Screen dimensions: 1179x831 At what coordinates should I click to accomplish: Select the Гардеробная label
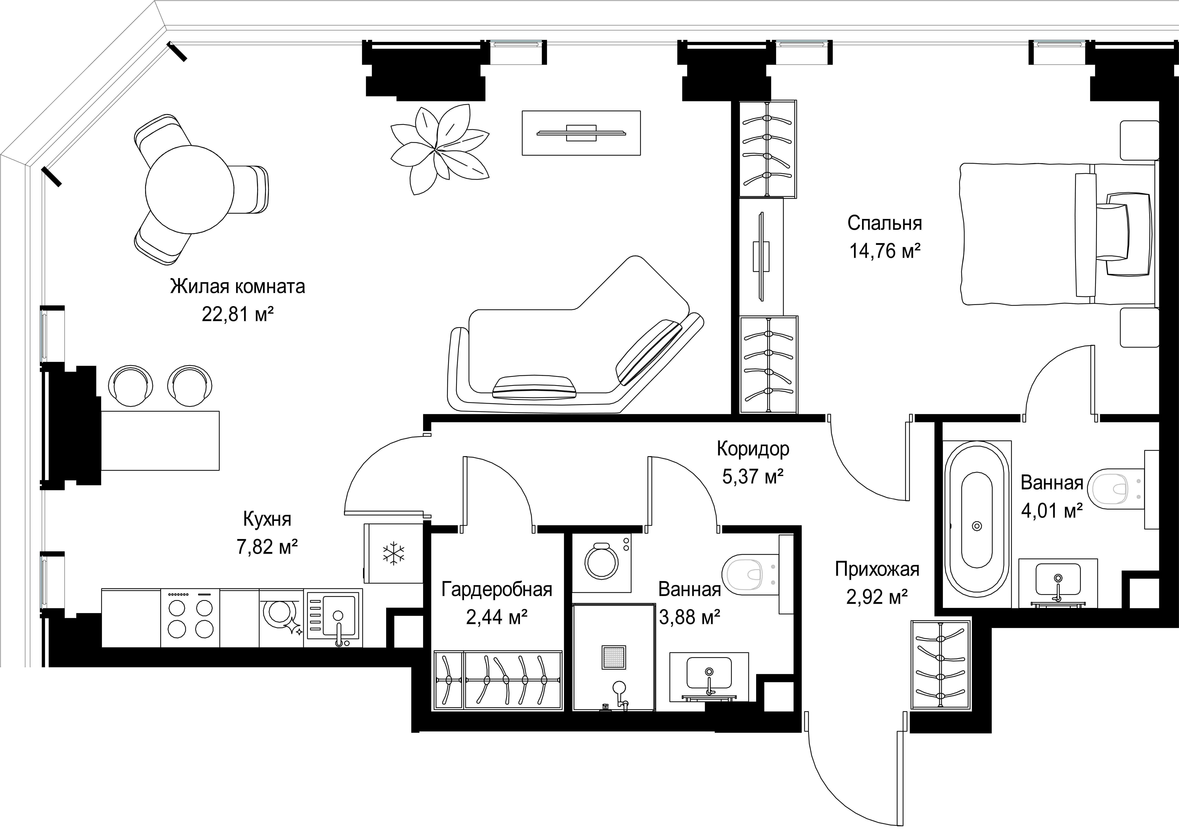(x=497, y=590)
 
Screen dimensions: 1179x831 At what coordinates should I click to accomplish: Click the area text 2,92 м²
(x=877, y=597)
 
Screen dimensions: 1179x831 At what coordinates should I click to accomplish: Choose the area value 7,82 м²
(x=267, y=547)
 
